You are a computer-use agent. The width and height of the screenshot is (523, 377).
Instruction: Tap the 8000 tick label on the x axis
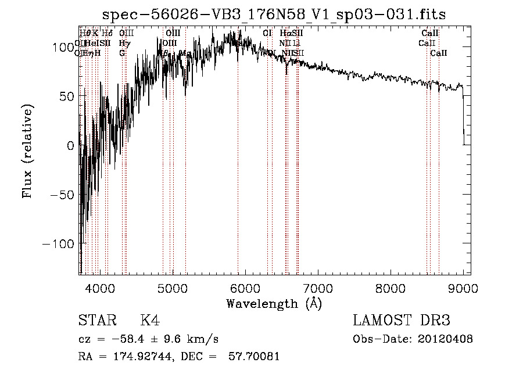coord(390,287)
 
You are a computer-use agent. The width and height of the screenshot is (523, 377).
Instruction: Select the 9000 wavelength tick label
coord(463,287)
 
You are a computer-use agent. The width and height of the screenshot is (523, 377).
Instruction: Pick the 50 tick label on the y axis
coord(67,96)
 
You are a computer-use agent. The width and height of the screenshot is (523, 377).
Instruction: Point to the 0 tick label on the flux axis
coord(71,145)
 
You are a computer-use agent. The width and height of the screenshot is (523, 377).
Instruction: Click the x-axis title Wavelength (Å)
coord(274,303)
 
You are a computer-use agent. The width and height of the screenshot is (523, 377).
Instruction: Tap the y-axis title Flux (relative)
coord(27,151)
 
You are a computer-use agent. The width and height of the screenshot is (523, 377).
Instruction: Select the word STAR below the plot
coord(96,321)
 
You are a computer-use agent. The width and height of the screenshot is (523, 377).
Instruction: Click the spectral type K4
coord(150,321)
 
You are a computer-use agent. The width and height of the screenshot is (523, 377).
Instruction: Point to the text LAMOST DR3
coord(402,321)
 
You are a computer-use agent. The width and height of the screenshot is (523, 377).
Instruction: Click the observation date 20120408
coord(445,339)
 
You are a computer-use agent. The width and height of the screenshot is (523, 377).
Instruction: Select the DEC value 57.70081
coord(255,356)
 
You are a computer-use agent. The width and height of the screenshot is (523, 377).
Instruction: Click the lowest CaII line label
coord(439,53)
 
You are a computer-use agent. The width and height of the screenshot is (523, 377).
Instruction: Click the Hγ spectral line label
coord(123,43)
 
